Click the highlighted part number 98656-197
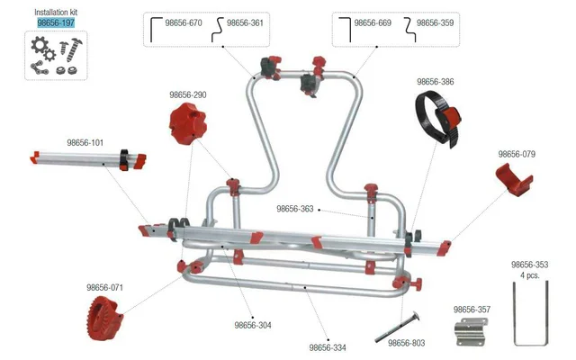tap(56, 22)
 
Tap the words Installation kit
tap(56, 12)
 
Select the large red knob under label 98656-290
tap(188, 123)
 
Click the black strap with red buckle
tap(438, 119)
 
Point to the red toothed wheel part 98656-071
tap(104, 318)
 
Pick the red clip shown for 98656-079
tap(514, 180)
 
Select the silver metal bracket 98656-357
tap(471, 332)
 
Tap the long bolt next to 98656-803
tap(398, 327)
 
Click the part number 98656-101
tap(85, 142)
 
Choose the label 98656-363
tap(295, 209)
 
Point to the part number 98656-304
tap(253, 325)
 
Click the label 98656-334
tap(328, 347)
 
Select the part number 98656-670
tap(184, 22)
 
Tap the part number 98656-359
tap(435, 22)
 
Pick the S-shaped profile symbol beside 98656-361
tap(218, 30)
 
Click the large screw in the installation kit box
tap(75, 49)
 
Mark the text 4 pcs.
tap(530, 275)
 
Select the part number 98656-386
tap(436, 82)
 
